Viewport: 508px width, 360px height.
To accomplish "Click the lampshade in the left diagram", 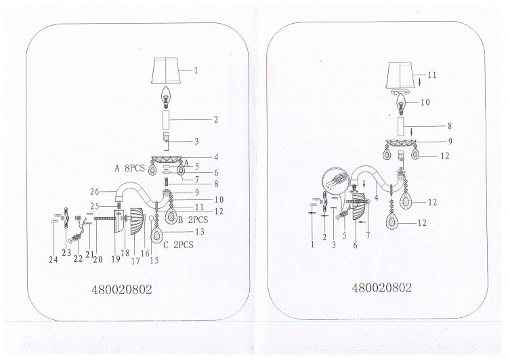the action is pos(165,71).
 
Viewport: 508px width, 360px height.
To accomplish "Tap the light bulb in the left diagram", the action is pos(166,97).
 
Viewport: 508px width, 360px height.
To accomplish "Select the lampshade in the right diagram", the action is pos(400,75).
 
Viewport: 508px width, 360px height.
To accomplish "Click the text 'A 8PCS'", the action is pos(129,168).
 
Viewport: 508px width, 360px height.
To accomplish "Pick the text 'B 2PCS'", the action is pos(193,220).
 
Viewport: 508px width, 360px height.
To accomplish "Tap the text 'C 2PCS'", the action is pos(178,245).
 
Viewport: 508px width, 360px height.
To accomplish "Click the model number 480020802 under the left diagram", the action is pos(122,289).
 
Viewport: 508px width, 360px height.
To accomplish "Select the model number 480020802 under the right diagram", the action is pos(381,287).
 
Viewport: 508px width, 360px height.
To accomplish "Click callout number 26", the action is pos(95,192).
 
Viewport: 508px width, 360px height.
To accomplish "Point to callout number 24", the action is pos(54,260).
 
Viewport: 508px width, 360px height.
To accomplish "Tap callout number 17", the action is pos(135,261).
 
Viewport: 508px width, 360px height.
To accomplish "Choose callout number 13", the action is pos(200,232).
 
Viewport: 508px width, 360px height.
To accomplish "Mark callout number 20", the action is pos(98,259).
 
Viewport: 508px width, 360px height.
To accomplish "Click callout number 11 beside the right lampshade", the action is pos(432,75).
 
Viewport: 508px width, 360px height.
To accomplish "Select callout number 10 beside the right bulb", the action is pos(425,102).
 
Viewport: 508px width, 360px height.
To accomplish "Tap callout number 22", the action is pos(78,258).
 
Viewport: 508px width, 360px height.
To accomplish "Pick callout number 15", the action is pos(154,260).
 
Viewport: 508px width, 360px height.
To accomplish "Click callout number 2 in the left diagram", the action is pos(216,119).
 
